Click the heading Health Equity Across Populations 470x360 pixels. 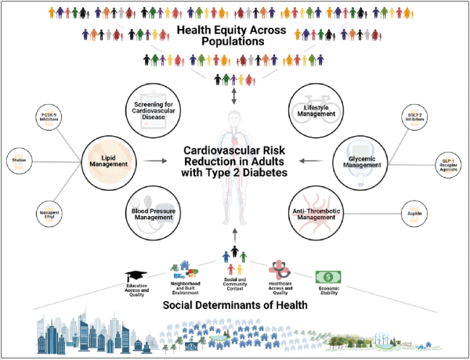tap(234, 38)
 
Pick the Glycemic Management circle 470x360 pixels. tap(361, 161)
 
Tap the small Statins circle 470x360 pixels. tap(20, 160)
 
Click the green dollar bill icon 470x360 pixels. tap(327, 277)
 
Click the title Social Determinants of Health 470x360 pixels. tap(234, 305)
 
